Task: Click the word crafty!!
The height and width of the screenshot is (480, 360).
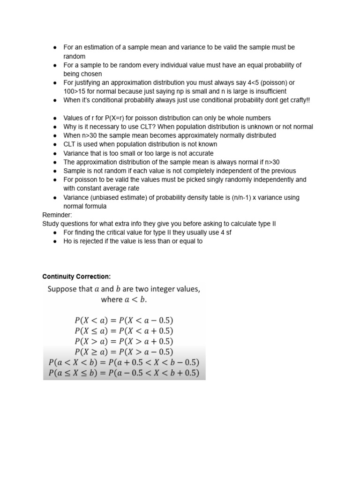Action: click(296, 100)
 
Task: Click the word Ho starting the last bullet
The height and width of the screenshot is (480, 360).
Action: click(68, 242)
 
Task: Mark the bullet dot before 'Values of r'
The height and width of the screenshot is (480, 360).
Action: click(55, 118)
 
